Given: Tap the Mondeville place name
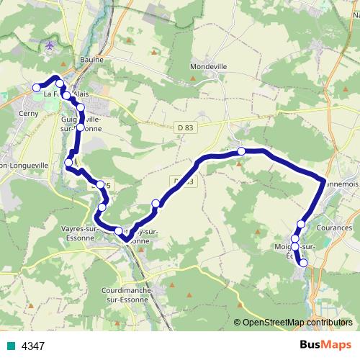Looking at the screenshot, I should tap(208, 66).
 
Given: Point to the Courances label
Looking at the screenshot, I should tap(334, 228).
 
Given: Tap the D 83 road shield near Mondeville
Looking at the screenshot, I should tap(186, 127).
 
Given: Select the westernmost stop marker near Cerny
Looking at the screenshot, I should tap(36, 88).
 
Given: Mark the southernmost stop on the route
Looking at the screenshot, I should tap(303, 263).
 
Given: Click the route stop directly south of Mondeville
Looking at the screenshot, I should tap(241, 150).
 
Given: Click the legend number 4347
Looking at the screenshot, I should tap(33, 346).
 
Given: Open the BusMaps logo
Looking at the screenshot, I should tap(326, 346).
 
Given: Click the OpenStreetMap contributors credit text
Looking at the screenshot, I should tap(297, 322).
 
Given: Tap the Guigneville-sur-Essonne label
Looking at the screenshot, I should tap(81, 122).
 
